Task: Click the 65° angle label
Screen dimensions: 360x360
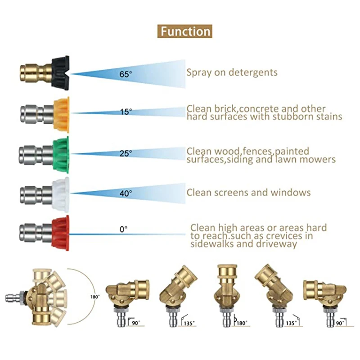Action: coord(126,73)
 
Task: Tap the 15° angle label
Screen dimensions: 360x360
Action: coord(126,112)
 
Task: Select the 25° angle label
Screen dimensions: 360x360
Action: coord(126,153)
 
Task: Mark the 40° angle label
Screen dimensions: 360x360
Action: coord(126,193)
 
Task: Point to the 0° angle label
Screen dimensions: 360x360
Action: coord(124,229)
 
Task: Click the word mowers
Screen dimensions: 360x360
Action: coord(320,159)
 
